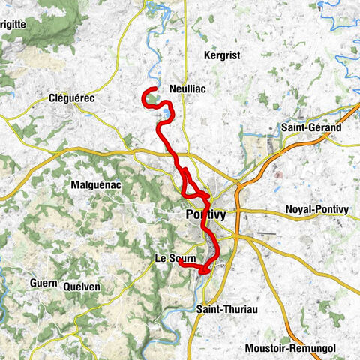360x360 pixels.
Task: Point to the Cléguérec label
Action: [74, 97]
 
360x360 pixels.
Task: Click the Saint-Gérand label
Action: [312, 128]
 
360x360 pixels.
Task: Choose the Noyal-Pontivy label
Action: [317, 209]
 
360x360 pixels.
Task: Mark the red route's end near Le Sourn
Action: [178, 262]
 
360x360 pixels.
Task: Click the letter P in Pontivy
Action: [189, 215]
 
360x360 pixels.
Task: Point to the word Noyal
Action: [301, 209]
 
